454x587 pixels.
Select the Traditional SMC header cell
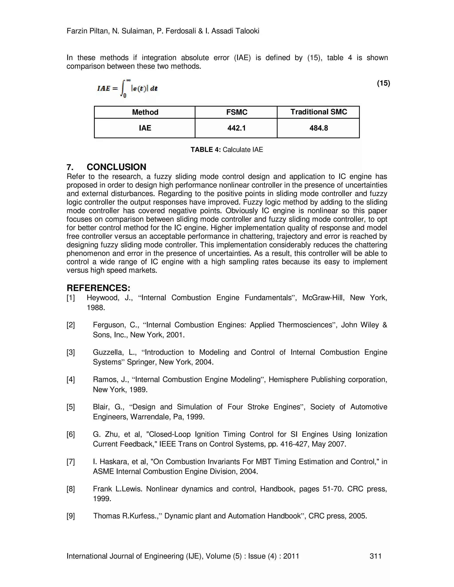coord(319,112)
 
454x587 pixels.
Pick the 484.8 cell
coord(319,128)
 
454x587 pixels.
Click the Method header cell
coord(145,112)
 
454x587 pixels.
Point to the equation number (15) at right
coord(383,83)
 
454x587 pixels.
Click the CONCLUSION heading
coord(116,167)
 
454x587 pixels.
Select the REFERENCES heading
coord(98,288)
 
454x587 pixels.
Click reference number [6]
coord(71,434)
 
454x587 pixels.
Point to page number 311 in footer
coord(376,556)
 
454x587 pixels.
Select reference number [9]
coord(71,516)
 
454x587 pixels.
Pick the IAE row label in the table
coord(145,128)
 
